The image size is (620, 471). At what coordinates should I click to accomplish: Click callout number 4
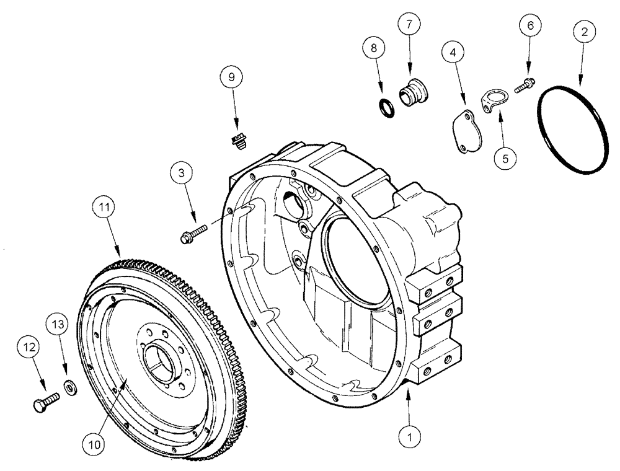pyautogui.click(x=454, y=54)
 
